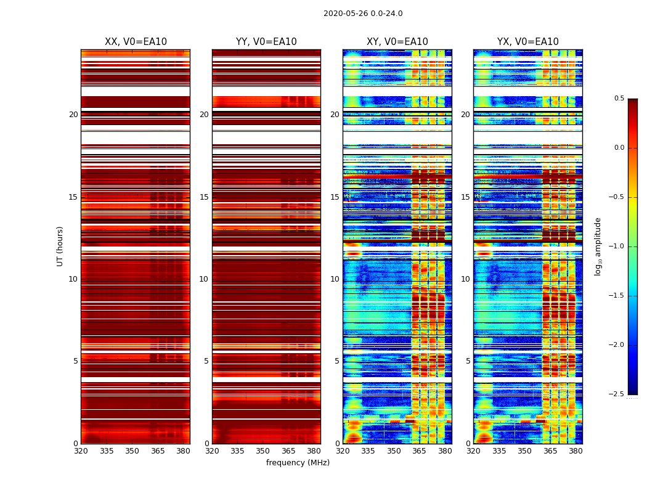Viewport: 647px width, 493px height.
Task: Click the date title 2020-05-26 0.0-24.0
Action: click(x=363, y=14)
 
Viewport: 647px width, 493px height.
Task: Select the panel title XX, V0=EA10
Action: click(x=136, y=42)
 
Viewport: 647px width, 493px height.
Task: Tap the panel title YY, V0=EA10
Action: click(x=266, y=42)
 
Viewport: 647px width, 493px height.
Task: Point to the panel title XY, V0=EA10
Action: click(x=397, y=42)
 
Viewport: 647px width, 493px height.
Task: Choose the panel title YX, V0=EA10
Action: click(x=528, y=42)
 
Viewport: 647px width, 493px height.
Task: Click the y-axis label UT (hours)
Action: click(x=60, y=246)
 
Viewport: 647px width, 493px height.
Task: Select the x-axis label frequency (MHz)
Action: click(x=298, y=463)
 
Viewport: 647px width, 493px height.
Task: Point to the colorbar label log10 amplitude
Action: click(x=598, y=246)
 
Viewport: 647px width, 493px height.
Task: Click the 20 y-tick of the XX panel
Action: click(x=73, y=115)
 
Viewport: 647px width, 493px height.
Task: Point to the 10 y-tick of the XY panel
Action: click(x=335, y=279)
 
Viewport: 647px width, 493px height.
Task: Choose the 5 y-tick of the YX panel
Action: click(x=468, y=361)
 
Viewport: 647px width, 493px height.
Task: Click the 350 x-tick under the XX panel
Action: click(x=132, y=450)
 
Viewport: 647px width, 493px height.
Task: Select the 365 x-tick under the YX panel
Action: click(x=550, y=450)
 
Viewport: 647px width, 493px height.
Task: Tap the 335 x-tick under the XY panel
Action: click(x=368, y=450)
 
